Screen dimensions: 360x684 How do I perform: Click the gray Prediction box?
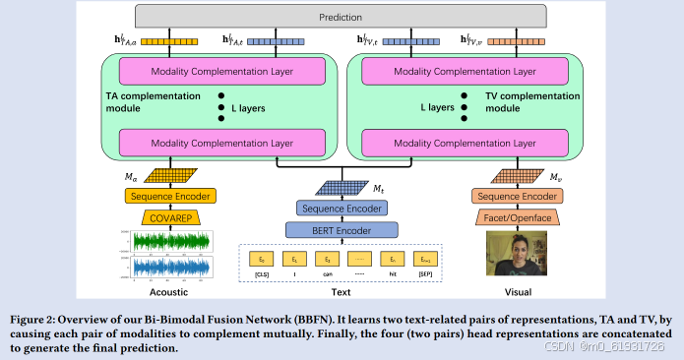[341, 17]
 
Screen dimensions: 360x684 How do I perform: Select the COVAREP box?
[173, 217]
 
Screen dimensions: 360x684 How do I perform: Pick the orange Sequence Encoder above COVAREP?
[173, 197]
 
